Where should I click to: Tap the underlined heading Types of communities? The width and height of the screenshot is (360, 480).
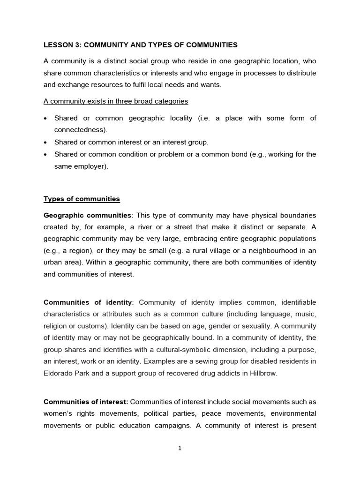[82, 199]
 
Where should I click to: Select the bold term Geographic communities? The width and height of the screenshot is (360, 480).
[87, 215]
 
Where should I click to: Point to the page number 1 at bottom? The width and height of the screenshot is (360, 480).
[180, 448]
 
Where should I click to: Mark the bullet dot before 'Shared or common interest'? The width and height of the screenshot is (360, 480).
[45, 142]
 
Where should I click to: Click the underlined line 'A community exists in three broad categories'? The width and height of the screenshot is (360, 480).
[116, 102]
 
